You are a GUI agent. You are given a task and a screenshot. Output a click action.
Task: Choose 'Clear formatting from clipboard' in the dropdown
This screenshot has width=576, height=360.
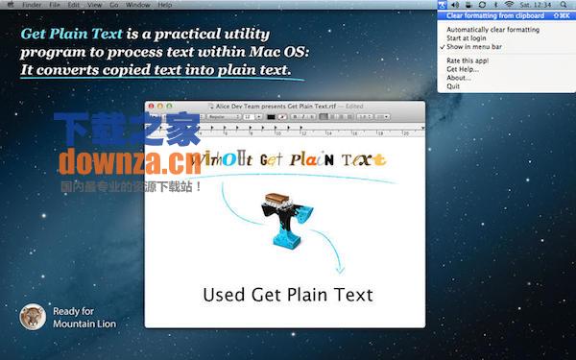[x=495, y=16]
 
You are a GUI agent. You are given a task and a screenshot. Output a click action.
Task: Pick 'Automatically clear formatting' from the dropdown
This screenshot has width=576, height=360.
[x=492, y=30]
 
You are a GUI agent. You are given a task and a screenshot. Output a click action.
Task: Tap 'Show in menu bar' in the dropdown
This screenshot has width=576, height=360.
[x=474, y=47]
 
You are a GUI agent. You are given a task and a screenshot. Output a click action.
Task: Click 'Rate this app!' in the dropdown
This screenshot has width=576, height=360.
[x=468, y=60]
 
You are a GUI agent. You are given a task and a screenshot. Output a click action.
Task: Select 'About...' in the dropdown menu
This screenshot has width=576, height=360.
[x=459, y=78]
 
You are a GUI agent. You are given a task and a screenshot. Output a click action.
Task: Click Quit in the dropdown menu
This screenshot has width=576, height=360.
[x=453, y=86]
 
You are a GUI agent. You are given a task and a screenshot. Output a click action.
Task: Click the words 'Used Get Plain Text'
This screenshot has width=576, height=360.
[x=287, y=294]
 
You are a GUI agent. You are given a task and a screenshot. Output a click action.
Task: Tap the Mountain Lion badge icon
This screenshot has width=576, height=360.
[x=32, y=317]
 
